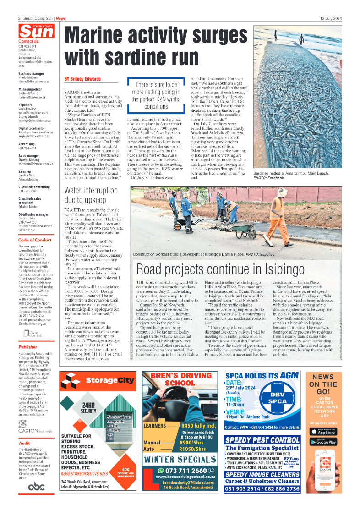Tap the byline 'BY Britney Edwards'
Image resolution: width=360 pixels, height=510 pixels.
[x=82, y=79]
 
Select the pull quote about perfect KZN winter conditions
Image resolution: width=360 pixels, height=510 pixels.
[x=156, y=95]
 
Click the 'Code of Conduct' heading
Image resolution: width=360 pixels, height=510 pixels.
[x=35, y=240]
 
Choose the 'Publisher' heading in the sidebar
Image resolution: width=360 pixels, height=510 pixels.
[x=28, y=347]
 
